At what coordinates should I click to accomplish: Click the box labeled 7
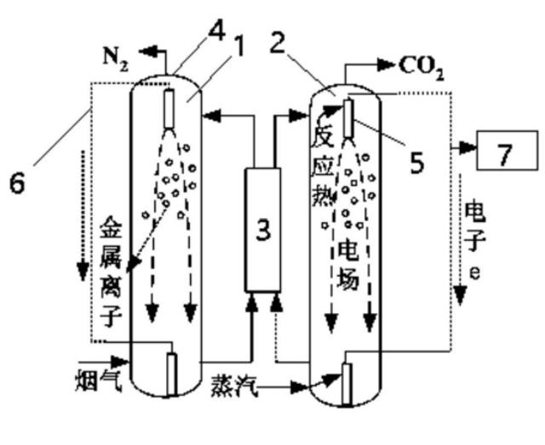click(508, 150)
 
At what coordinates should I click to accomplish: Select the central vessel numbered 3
click(263, 230)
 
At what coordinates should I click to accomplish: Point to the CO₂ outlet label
click(422, 68)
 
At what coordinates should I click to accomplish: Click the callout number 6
click(17, 183)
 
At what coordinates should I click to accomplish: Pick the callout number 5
click(417, 163)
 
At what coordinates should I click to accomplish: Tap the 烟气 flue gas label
click(99, 380)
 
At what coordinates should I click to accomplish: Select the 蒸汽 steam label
click(234, 385)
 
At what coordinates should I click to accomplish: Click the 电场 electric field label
click(347, 265)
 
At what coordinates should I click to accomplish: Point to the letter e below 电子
click(475, 272)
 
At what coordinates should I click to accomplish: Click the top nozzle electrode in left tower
click(169, 109)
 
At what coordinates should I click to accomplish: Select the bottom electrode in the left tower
click(172, 374)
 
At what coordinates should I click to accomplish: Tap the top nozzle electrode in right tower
click(348, 118)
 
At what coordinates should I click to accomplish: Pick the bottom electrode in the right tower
click(347, 384)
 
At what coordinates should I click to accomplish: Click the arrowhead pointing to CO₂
click(386, 65)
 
